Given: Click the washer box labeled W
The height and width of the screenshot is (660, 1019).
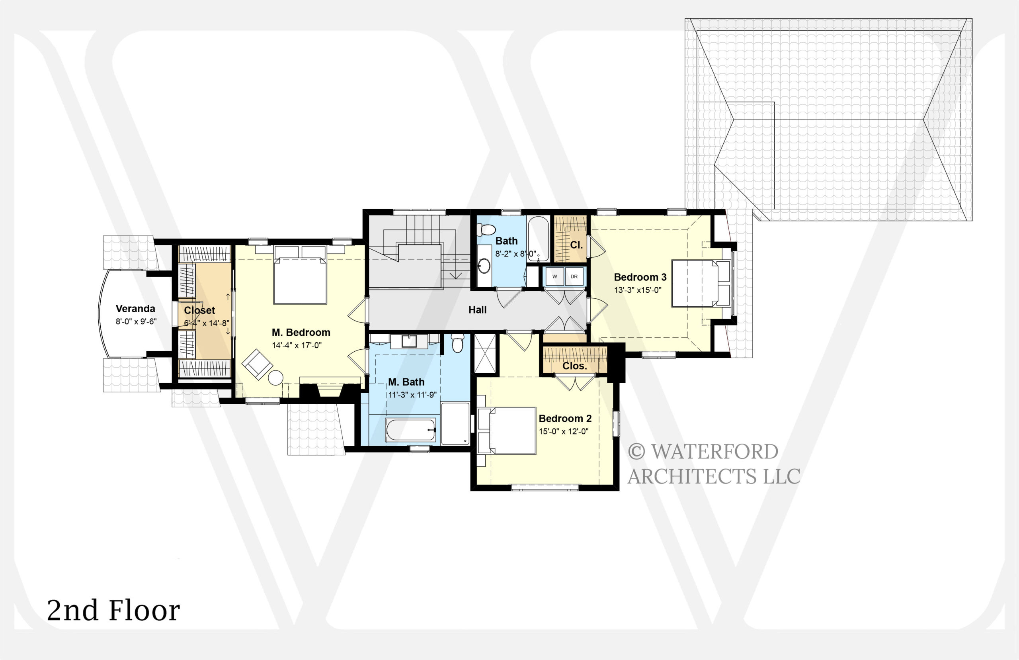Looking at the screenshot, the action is point(554,276).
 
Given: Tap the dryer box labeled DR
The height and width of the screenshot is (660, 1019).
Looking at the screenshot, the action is point(574,276).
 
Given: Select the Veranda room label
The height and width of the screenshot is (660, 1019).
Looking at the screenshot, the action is point(135,309).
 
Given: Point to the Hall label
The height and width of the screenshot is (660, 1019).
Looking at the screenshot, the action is point(477,310).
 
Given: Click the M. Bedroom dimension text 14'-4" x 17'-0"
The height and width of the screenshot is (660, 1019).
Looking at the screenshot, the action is point(297,345).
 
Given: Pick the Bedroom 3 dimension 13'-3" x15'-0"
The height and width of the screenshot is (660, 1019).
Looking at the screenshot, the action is point(638,290).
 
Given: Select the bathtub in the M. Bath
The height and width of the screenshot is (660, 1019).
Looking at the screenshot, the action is point(411,430).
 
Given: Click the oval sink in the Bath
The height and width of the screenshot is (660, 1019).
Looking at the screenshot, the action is point(484,266).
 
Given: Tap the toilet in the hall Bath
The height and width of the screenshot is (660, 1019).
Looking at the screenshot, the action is point(486,230).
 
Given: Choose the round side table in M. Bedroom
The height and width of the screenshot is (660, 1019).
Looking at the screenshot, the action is point(276,378).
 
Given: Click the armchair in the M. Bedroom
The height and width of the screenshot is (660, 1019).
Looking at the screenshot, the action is point(257,364).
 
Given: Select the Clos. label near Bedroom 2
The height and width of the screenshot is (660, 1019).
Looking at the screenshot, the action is point(574,366).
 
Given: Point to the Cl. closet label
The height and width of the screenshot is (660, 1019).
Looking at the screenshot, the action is point(576,245).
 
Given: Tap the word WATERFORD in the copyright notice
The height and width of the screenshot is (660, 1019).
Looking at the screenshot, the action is point(714,452).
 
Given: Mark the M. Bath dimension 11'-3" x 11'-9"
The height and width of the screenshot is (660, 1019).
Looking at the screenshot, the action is point(412,395).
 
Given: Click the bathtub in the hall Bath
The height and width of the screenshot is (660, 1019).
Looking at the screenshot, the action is point(538,238).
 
